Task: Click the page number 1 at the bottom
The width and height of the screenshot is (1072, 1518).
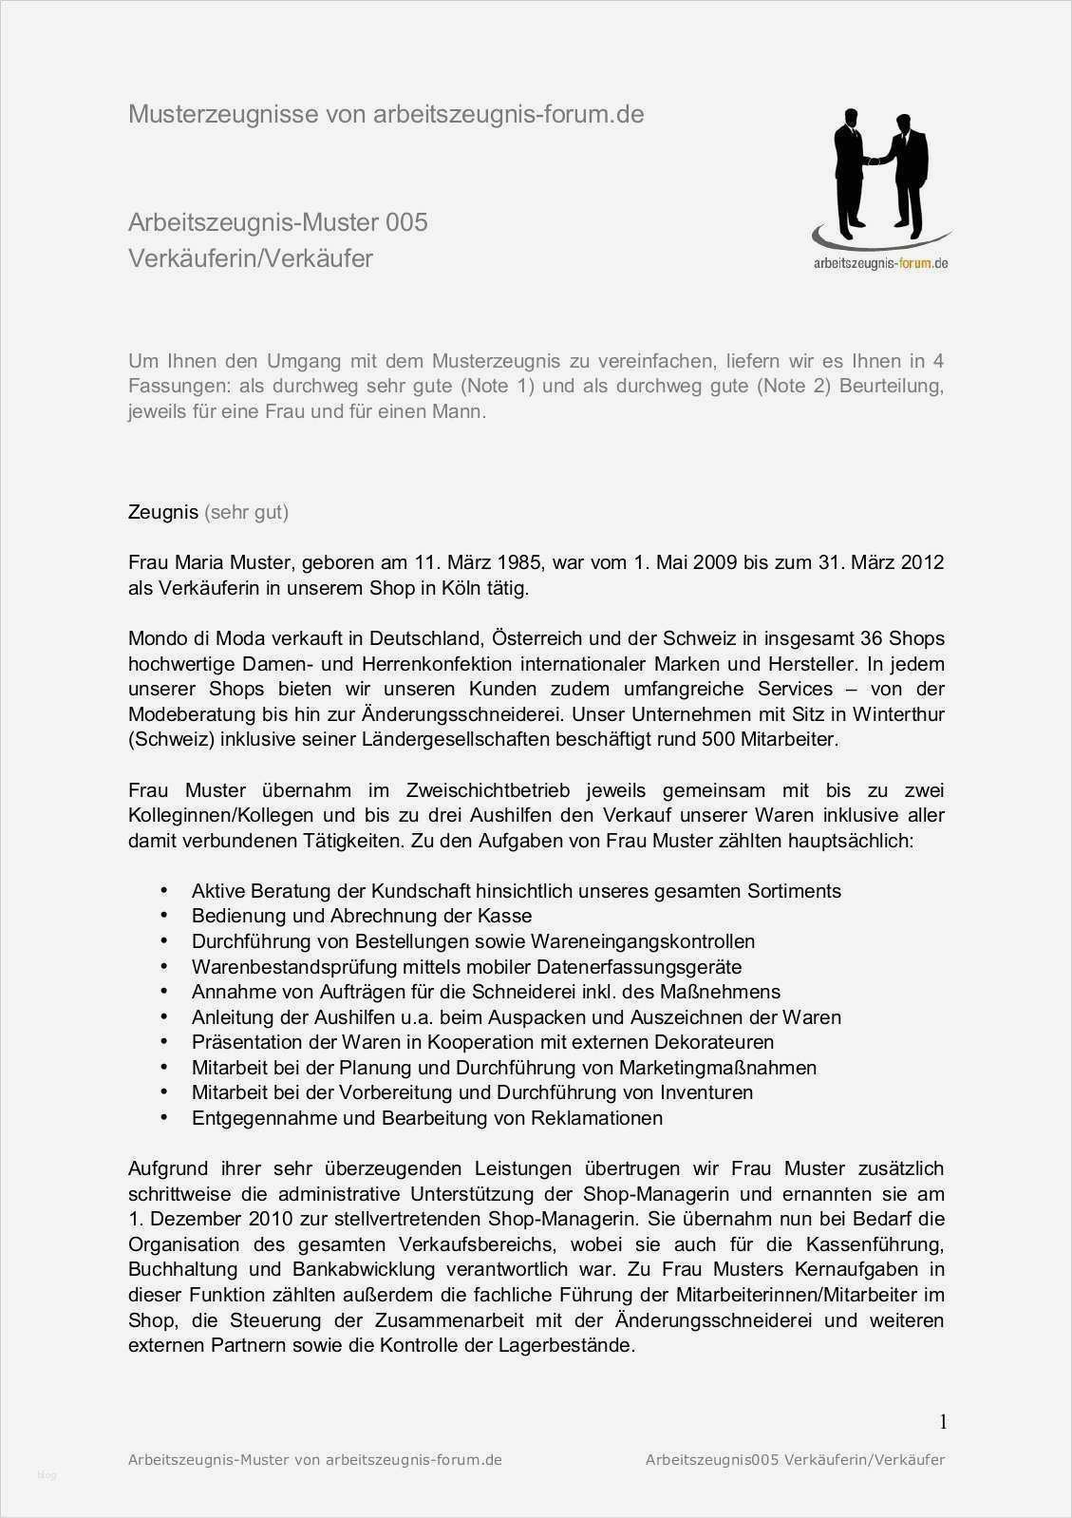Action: tap(943, 1422)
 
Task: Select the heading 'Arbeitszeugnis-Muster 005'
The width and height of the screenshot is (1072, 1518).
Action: tap(277, 222)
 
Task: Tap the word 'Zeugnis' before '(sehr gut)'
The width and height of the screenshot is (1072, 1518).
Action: tap(162, 512)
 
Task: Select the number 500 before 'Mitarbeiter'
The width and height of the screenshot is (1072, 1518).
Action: tap(718, 739)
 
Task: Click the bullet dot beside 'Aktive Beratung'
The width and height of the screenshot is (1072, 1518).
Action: tap(164, 890)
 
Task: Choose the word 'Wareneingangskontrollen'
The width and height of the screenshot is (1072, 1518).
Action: tap(643, 941)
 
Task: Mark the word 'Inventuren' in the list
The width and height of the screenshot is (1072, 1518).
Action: tap(706, 1092)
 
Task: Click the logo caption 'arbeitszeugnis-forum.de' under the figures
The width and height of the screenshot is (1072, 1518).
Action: tap(880, 263)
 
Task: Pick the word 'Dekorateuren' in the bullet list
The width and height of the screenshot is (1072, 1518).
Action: tap(713, 1042)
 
